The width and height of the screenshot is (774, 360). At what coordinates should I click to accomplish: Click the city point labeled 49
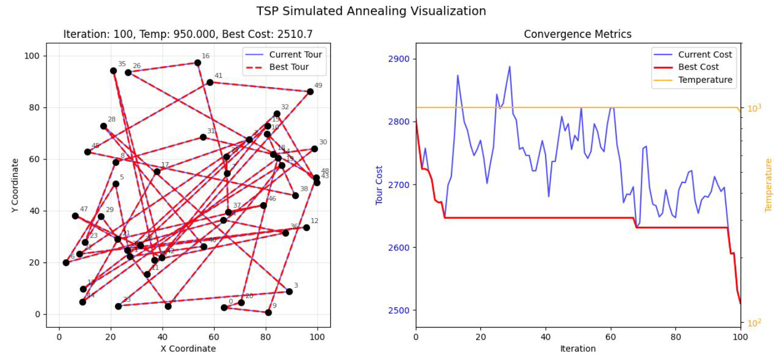310,92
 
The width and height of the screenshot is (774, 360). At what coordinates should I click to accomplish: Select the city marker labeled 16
198,63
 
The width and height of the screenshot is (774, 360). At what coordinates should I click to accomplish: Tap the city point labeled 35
113,71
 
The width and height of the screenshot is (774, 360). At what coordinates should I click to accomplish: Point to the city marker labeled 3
289,292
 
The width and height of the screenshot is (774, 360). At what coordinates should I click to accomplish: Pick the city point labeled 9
268,312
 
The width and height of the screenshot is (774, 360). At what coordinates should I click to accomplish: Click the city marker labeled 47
75,216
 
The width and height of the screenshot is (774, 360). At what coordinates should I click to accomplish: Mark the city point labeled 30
314,149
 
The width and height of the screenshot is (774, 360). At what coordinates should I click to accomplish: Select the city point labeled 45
88,152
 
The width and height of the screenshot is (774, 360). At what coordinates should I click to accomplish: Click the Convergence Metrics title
577,34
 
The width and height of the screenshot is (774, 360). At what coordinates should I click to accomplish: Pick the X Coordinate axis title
188,348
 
